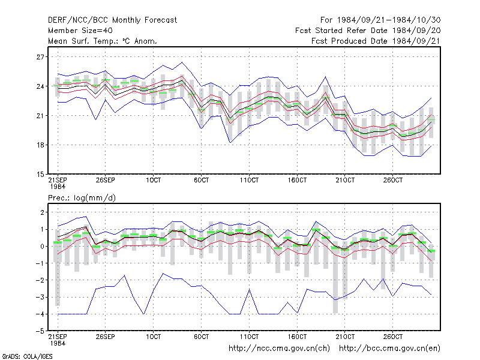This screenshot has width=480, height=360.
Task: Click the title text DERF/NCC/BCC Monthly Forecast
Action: click(112, 20)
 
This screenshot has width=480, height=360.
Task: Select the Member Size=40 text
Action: click(80, 31)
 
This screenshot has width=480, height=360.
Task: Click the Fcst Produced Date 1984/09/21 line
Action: click(376, 41)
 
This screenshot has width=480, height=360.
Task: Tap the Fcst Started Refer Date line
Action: click(368, 31)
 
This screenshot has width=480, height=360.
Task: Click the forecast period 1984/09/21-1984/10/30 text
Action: click(380, 20)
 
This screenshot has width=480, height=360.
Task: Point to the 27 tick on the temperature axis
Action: click(40, 57)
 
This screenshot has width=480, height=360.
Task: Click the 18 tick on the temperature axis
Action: click(40, 145)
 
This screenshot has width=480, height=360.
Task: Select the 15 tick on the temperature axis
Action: click(40, 175)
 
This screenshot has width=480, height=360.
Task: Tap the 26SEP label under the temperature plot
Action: click(106, 181)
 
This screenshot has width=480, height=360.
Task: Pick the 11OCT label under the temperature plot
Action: click(249, 181)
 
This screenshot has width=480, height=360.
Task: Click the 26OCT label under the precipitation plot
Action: click(393, 337)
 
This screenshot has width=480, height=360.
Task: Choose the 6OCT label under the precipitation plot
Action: click(202, 337)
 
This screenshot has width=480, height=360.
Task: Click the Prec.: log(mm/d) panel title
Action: click(82, 198)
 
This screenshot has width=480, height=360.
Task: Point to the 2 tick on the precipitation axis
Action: click(42, 212)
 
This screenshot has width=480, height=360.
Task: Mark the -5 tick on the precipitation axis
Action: click(40, 331)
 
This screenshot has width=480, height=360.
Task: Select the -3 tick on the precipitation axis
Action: click(40, 297)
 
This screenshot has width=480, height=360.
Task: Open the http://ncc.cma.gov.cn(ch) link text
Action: click(279, 349)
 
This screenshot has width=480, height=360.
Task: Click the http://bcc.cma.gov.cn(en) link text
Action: click(389, 349)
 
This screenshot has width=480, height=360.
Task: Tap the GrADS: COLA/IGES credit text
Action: click(27, 356)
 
